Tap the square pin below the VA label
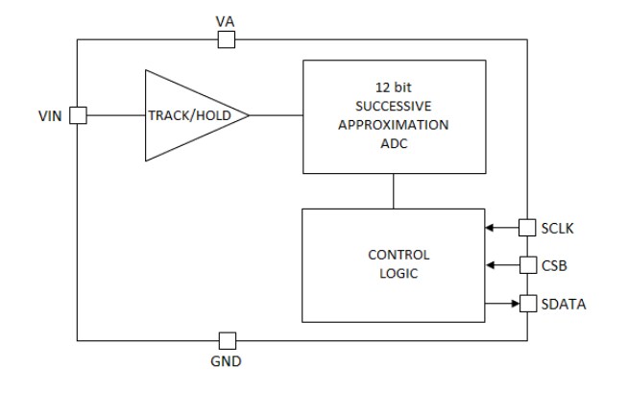pyautogui.click(x=226, y=39)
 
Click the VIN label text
pyautogui.click(x=49, y=115)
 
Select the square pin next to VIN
pyautogui.click(x=78, y=115)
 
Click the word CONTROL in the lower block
pyautogui.click(x=399, y=256)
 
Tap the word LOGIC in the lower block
pyautogui.click(x=399, y=273)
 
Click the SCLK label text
pyautogui.click(x=557, y=228)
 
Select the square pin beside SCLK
pyautogui.click(x=526, y=228)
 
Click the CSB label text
pyautogui.click(x=553, y=264)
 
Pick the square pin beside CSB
pyautogui.click(x=526, y=264)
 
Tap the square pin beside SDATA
pyautogui.click(x=526, y=304)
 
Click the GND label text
pyautogui.click(x=227, y=362)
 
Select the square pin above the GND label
pyautogui.click(x=227, y=340)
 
